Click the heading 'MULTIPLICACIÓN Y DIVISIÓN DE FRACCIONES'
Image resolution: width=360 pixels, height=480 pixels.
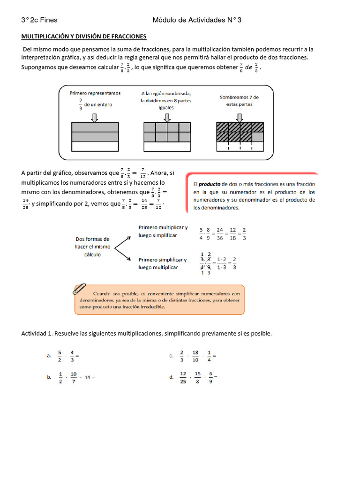pos(84,36)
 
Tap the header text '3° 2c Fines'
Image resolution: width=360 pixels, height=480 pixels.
pos(39,20)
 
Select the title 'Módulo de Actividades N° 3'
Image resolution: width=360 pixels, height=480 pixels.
pos(197,20)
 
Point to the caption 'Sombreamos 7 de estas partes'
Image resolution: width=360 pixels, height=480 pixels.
pos(239,101)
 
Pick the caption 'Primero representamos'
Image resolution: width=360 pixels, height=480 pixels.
pos(95,93)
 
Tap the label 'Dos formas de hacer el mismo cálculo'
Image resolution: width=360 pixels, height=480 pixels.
pos(92,247)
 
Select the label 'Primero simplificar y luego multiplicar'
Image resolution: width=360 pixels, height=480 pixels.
pos(162,263)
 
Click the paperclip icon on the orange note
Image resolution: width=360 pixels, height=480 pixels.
pos(80,289)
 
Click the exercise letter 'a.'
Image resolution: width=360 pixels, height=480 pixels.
pos(49,356)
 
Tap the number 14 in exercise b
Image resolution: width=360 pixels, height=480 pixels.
pos(88,377)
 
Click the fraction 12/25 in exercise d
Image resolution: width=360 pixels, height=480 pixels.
pos(183,377)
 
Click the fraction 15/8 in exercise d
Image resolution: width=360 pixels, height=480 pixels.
pos(197,377)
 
